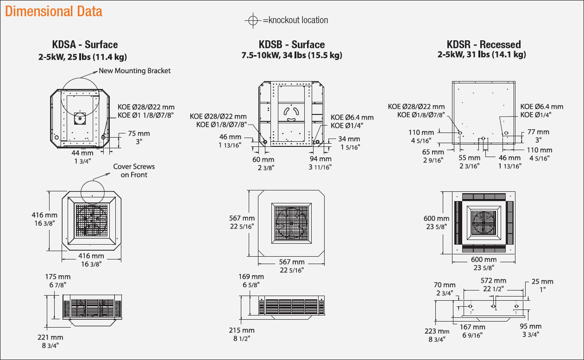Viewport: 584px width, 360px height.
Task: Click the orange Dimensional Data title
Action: (54, 11)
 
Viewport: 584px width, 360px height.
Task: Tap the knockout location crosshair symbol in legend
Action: (252, 20)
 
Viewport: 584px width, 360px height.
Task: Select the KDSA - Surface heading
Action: (85, 45)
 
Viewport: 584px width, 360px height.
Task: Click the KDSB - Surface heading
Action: (292, 45)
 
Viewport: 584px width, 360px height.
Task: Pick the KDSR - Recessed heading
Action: (484, 45)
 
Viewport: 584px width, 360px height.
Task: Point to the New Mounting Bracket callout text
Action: (135, 71)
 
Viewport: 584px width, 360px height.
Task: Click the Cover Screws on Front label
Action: (134, 171)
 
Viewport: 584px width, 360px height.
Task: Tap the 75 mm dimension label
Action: (139, 134)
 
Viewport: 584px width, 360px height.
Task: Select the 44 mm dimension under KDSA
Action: (82, 152)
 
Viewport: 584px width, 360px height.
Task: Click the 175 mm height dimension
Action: (58, 277)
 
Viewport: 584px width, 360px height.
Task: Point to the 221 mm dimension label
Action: (50, 337)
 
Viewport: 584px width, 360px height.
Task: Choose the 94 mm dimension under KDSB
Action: (320, 159)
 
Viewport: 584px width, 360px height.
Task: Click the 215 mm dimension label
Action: (242, 330)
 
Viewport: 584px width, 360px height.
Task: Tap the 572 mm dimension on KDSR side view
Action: (493, 281)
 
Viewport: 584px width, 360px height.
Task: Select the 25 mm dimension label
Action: (542, 281)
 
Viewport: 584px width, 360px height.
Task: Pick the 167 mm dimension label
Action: (473, 327)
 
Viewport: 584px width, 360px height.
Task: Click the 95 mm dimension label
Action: (531, 327)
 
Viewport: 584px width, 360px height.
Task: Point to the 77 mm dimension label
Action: (538, 132)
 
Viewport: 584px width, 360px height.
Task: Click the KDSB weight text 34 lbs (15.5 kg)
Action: (314, 55)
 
